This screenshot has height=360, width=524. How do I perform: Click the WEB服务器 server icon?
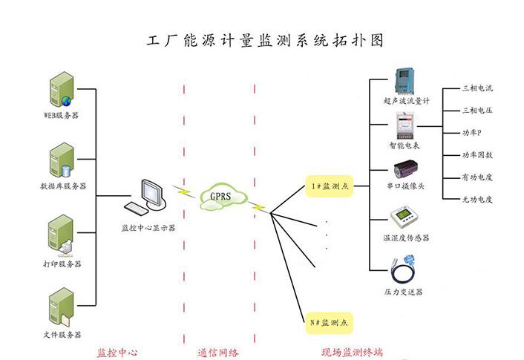coord(60,89)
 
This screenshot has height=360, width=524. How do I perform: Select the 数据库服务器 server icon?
coord(60,160)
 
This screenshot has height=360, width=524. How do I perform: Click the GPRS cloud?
coord(220,197)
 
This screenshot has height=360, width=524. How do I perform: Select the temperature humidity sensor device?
coord(405,217)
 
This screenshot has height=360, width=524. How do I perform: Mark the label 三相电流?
coord(477,88)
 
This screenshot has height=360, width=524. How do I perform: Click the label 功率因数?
coord(477,155)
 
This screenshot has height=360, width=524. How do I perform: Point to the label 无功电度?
coord(477,200)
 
